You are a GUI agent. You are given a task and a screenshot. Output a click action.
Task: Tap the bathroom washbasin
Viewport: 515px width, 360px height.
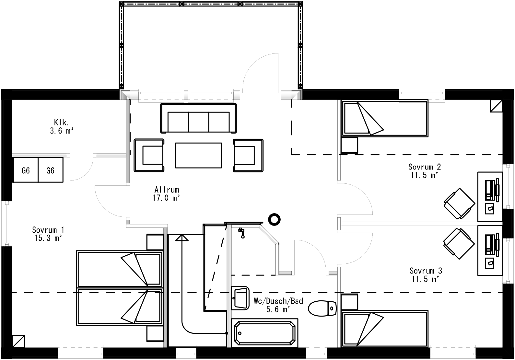pos(240,297)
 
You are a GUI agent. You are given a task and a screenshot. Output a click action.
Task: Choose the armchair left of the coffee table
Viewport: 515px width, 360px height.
pos(149,155)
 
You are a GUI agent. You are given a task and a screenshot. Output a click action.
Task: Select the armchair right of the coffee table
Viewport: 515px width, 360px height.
pos(248,155)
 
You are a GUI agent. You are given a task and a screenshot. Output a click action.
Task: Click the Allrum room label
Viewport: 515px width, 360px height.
pos(167,194)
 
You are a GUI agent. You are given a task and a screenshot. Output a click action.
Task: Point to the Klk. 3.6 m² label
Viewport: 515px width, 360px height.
pos(61,127)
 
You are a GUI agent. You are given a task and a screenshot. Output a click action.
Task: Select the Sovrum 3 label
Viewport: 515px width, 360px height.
pos(426,274)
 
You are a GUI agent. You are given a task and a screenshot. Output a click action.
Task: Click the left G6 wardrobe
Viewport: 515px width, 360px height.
pos(26,170)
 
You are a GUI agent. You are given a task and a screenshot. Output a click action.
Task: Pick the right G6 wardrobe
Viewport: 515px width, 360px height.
pos(51,170)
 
